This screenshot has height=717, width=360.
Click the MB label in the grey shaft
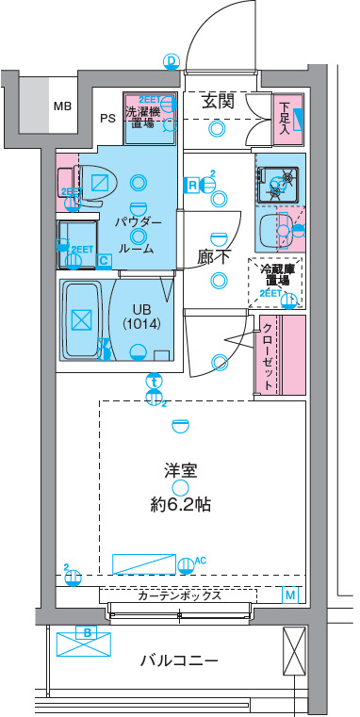tap(62, 106)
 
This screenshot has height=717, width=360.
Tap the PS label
tap(108, 119)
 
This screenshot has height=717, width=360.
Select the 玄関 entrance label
tap(218, 103)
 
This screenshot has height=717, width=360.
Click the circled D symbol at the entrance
tap(171, 61)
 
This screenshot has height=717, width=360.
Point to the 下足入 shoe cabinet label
tap(285, 117)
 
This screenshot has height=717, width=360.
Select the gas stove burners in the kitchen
tap(280, 178)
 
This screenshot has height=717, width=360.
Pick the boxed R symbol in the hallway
tap(192, 185)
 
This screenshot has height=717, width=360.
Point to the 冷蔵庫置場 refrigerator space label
tap(275, 275)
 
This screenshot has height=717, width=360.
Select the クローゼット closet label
tap(268, 356)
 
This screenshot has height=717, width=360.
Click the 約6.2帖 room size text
tap(179, 504)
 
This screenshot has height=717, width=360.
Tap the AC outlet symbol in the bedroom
tap(187, 564)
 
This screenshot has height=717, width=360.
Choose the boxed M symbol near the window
tap(290, 595)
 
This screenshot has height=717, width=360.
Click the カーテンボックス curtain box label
tap(179, 595)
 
